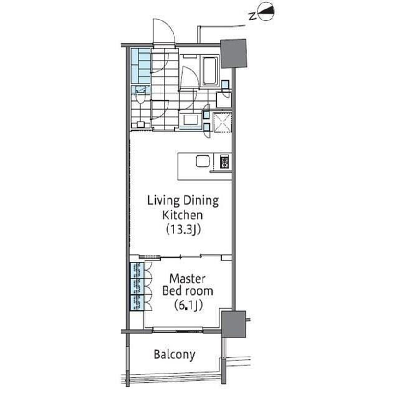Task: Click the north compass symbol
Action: [266, 12]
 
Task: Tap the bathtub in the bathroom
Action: [210, 70]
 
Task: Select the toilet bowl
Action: [140, 97]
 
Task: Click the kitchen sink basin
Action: [203, 161]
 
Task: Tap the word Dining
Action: [201, 201]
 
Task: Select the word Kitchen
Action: [183, 215]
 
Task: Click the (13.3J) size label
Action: [183, 229]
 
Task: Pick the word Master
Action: [188, 279]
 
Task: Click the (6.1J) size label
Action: [188, 305]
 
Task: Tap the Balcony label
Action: [175, 355]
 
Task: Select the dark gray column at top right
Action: [234, 54]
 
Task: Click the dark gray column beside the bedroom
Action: [234, 324]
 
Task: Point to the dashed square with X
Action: [223, 123]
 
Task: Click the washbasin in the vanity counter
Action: [191, 119]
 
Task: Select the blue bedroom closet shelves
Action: [137, 287]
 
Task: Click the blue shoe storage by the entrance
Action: [141, 66]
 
